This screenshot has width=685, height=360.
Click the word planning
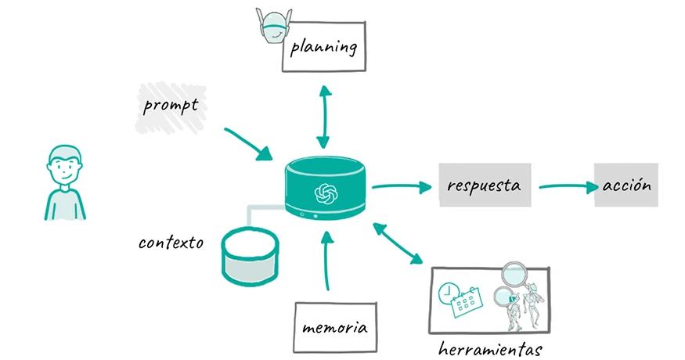[x=323, y=48]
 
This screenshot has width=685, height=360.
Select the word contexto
[x=171, y=243]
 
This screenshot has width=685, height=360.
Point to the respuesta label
[x=484, y=185]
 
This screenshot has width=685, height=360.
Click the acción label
[x=626, y=185]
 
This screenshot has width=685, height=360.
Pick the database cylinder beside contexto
[x=250, y=255]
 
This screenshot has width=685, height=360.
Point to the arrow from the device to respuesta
[x=401, y=186]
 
